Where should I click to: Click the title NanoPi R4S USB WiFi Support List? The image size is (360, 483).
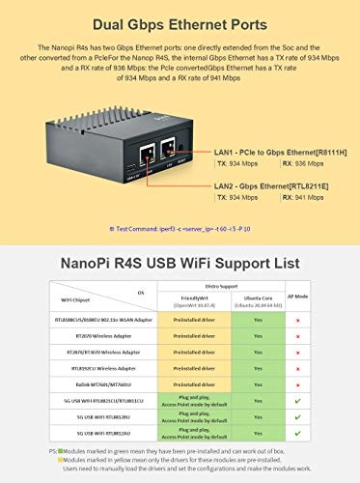point(180,261)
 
